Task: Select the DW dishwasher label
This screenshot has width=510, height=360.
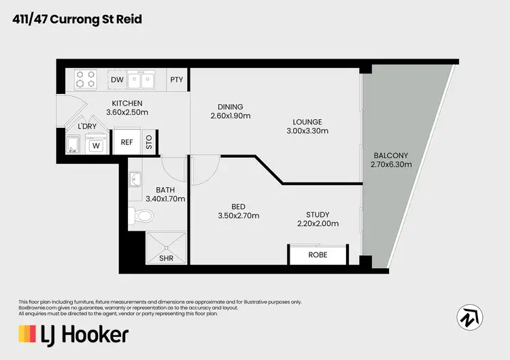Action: (x=117, y=80)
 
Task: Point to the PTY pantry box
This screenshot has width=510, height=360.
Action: (x=176, y=80)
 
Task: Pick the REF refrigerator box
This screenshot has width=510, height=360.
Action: (x=126, y=142)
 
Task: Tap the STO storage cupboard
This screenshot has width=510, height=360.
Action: (x=149, y=142)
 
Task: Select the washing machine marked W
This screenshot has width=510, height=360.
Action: (x=96, y=144)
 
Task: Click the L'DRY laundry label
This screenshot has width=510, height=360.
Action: (x=87, y=127)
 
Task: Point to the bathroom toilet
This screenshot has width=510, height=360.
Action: (x=143, y=216)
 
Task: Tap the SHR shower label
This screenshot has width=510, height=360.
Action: (x=165, y=259)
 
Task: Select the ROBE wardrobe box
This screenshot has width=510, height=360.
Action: (x=318, y=255)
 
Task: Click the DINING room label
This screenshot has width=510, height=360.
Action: (x=231, y=106)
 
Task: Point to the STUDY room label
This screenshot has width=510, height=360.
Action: (x=318, y=214)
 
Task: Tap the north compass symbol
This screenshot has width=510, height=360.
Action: (x=470, y=315)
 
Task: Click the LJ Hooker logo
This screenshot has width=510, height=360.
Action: (x=73, y=334)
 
